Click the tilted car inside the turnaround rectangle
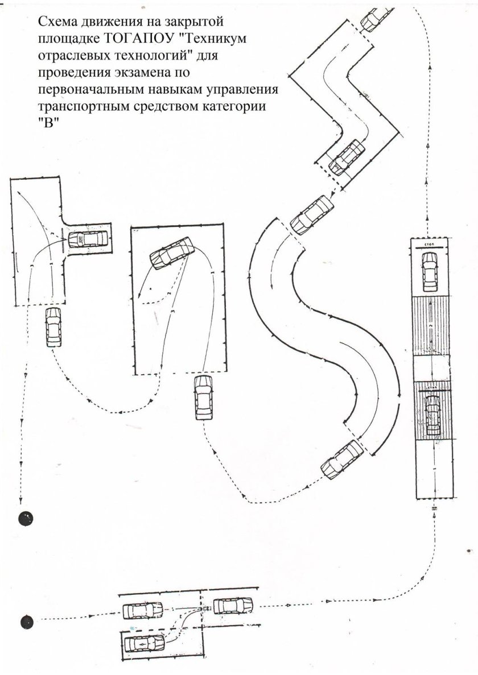point(172,253)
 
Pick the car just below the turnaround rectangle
point(201,397)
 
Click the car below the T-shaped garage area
point(52,327)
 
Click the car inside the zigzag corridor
point(347,156)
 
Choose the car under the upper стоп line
point(430,270)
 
